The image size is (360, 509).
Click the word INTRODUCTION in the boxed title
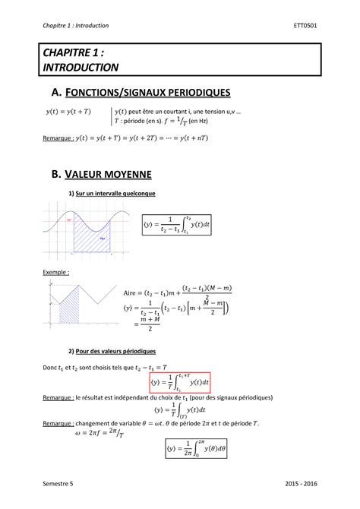[x=83, y=67]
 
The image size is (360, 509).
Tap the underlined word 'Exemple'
[x=56, y=271]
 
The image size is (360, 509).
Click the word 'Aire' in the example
[x=130, y=291]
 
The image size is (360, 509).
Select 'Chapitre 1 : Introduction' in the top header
[x=76, y=26]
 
